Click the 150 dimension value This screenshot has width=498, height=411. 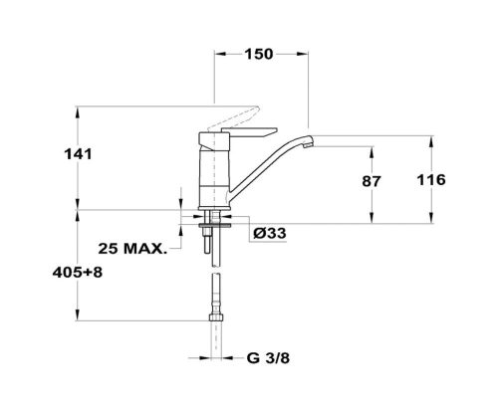(259, 54)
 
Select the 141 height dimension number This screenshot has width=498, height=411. (78, 154)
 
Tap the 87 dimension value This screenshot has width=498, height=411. (372, 181)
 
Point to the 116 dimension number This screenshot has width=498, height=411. (431, 180)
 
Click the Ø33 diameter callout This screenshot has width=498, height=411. (269, 233)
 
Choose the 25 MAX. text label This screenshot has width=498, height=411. (132, 249)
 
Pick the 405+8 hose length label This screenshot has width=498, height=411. (78, 273)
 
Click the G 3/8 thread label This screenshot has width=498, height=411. (268, 358)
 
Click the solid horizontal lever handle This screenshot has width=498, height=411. (249, 131)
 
